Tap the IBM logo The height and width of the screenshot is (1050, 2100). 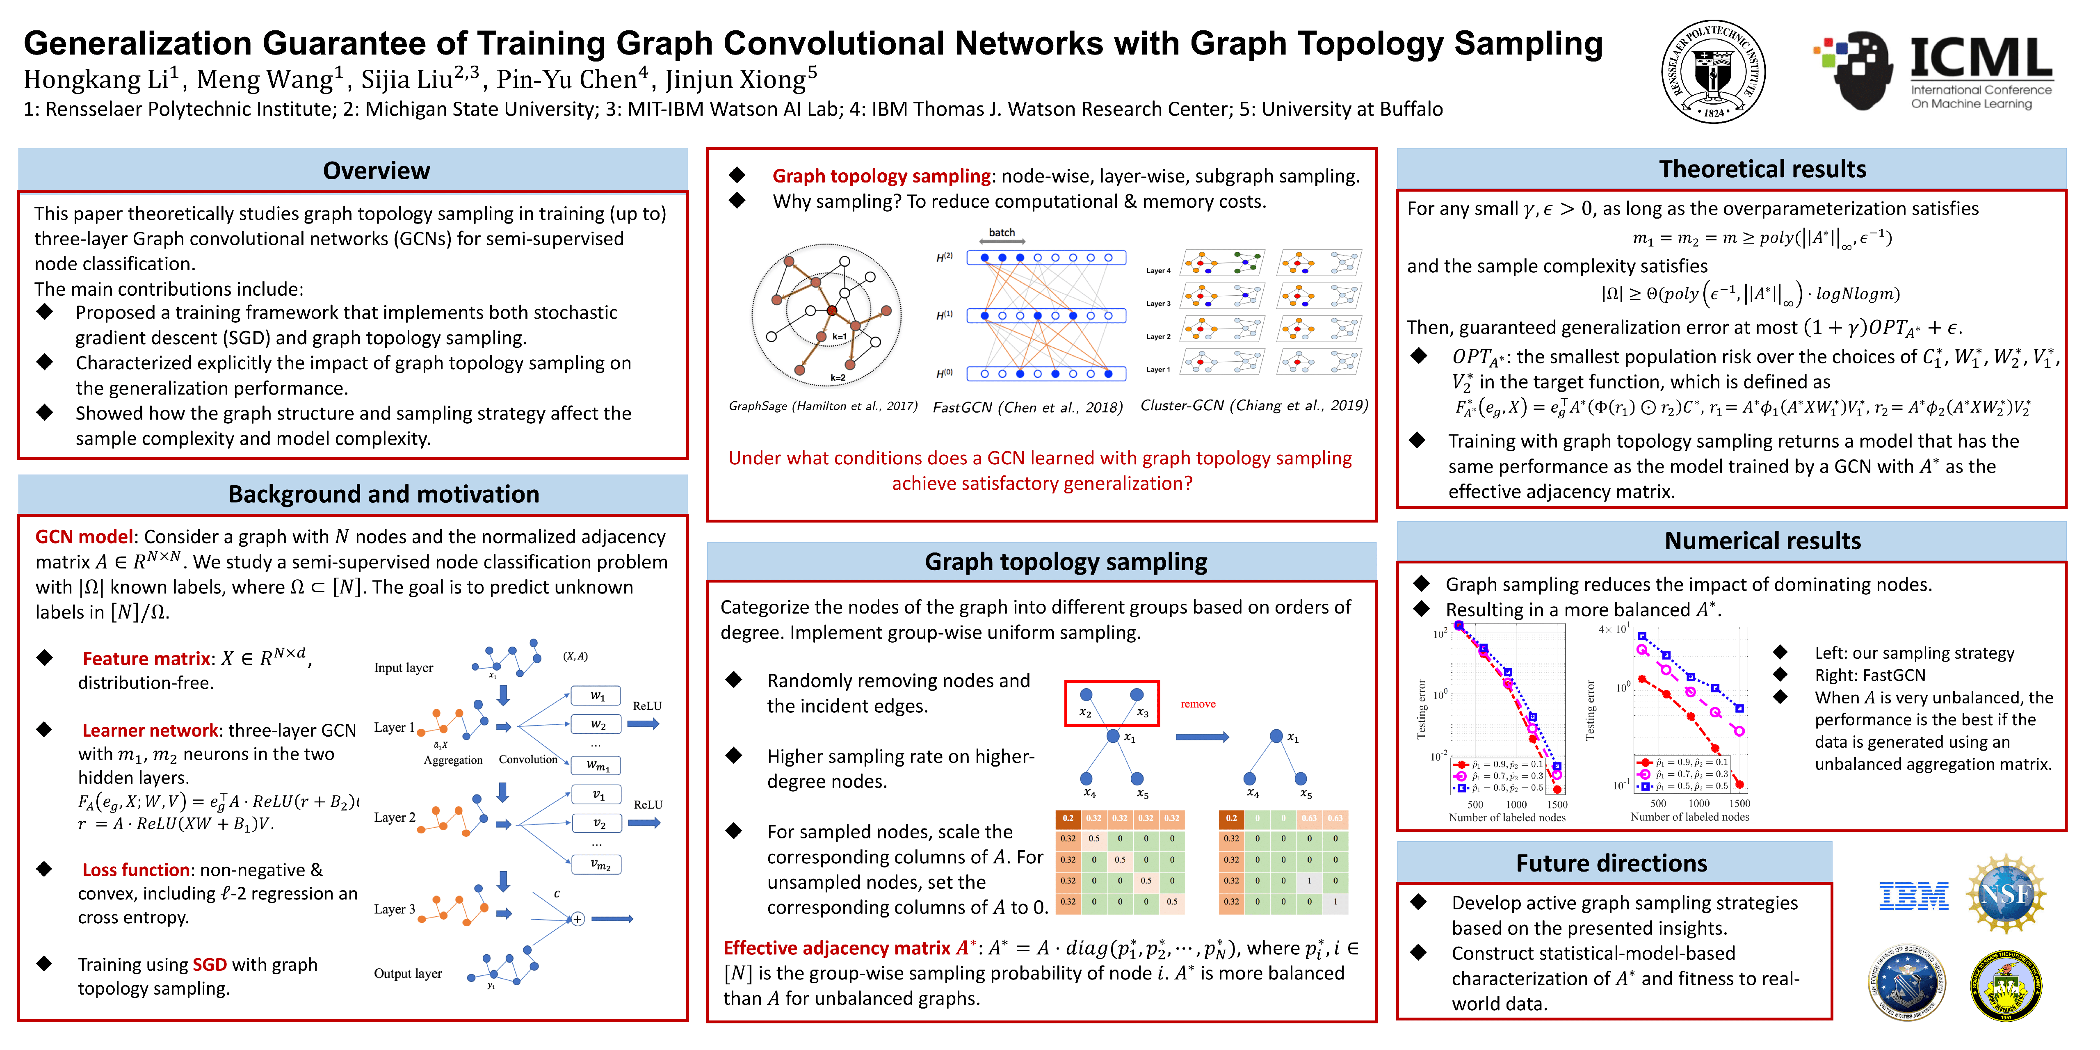[x=1913, y=896]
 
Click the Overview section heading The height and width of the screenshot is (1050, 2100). [x=376, y=170]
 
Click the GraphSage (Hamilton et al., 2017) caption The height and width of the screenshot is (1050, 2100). [x=822, y=406]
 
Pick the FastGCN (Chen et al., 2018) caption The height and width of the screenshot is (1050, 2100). [x=1027, y=407]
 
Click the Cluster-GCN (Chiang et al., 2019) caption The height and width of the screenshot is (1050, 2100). [x=1254, y=405]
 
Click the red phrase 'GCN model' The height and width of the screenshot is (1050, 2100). [x=83, y=536]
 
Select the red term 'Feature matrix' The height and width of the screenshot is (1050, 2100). [x=146, y=659]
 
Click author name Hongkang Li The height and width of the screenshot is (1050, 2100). [x=96, y=80]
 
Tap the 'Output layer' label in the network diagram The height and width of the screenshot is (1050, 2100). [x=408, y=973]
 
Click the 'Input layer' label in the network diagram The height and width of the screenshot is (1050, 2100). [x=404, y=668]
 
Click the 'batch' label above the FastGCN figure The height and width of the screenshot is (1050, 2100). [x=1002, y=232]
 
